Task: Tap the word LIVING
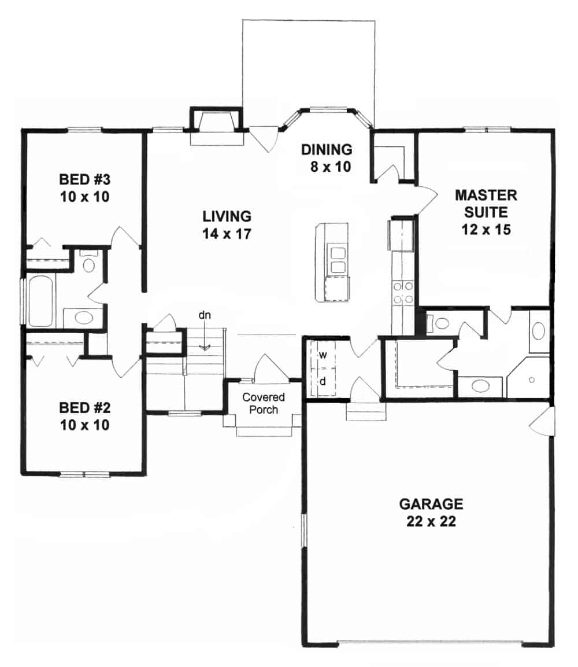click(227, 216)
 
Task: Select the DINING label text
click(327, 150)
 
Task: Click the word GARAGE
click(431, 503)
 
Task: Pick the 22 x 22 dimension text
click(431, 521)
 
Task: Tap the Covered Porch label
click(264, 403)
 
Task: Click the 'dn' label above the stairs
click(203, 315)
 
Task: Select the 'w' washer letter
click(324, 355)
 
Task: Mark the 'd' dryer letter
click(324, 382)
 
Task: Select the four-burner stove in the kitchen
click(402, 292)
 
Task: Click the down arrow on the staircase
click(204, 347)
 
